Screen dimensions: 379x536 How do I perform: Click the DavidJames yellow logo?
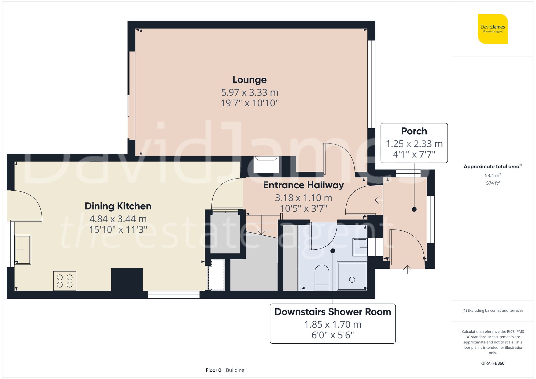(493, 29)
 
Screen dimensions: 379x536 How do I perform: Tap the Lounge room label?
(250, 80)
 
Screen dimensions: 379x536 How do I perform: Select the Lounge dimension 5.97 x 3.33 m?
(250, 92)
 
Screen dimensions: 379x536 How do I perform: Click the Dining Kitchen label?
(118, 206)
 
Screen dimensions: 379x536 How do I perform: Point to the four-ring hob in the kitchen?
(65, 281)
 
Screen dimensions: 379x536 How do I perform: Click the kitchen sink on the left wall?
(23, 250)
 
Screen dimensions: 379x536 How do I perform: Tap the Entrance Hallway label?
(303, 185)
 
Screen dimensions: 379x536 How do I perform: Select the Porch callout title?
(414, 131)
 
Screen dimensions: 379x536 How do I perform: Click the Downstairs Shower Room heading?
(333, 312)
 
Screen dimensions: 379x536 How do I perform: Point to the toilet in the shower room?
(322, 277)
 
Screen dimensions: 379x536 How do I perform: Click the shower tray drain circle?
(352, 280)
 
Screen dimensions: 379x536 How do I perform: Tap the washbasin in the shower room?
(360, 247)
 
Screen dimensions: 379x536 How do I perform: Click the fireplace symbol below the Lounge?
(266, 164)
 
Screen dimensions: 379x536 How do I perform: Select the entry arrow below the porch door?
(407, 269)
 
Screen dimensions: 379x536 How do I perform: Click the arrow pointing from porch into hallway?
(378, 200)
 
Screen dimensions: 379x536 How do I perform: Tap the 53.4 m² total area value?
(493, 175)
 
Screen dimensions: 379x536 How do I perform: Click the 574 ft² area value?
(493, 183)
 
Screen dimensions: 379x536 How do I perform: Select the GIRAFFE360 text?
(493, 363)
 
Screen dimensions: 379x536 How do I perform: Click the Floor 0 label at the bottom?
(213, 370)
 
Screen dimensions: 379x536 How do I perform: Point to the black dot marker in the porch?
(414, 209)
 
